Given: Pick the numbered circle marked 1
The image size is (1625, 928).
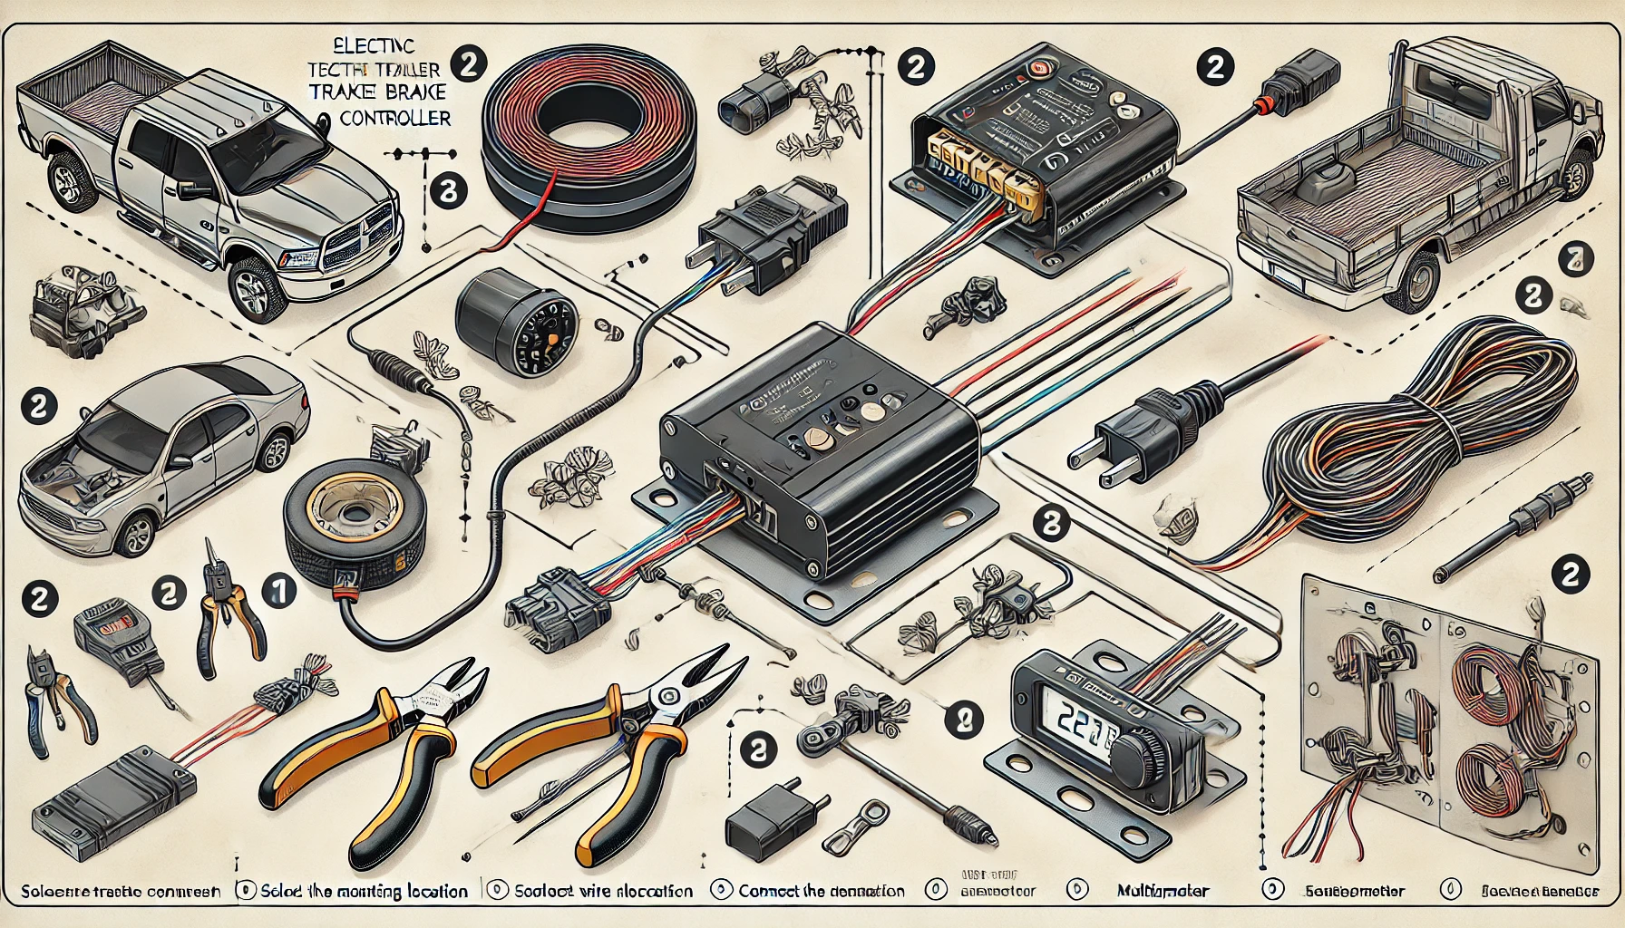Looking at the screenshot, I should pos(279,592).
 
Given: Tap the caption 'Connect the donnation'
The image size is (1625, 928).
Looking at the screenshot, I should pos(821,891).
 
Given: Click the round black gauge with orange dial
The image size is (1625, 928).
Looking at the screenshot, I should pos(518,324).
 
